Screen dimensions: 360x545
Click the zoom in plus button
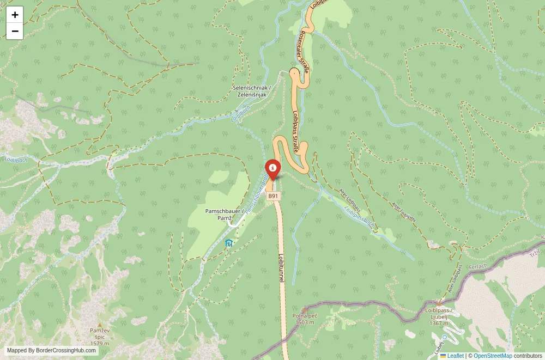tap(15, 15)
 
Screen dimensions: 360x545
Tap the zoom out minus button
tap(15, 31)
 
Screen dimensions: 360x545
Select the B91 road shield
tap(274, 196)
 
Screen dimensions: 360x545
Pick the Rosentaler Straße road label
tap(304, 52)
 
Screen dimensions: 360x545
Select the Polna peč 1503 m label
tap(305, 319)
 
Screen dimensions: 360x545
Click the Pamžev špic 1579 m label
tap(99, 337)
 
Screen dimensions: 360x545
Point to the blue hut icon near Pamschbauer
tap(229, 243)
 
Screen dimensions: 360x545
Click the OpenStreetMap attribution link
tap(493, 356)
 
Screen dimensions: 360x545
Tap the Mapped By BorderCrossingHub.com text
tap(52, 350)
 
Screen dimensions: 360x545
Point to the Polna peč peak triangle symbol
tap(304, 309)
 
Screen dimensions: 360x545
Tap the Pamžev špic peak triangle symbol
tap(99, 325)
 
